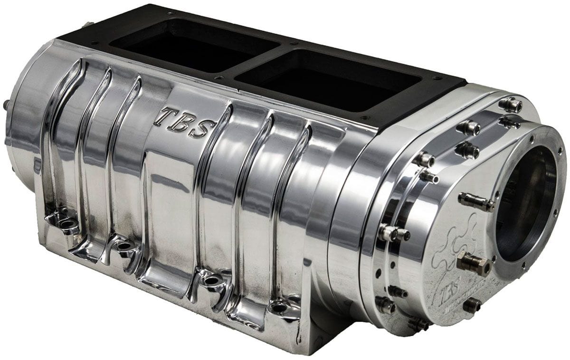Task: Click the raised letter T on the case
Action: pyautogui.click(x=166, y=115)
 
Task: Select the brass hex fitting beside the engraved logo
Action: pyautogui.click(x=473, y=264)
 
